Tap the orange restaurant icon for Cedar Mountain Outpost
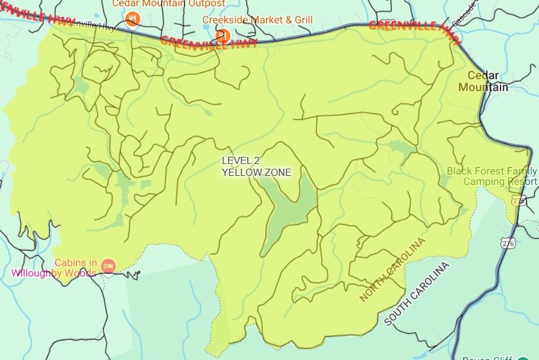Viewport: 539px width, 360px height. tap(134, 20)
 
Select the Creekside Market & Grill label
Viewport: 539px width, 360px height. tap(257, 20)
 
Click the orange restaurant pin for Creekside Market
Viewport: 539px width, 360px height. tap(223, 35)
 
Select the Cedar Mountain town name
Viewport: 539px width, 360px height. tap(483, 81)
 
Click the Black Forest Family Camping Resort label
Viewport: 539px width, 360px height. tap(492, 176)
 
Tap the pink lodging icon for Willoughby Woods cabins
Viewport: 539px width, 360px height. tap(107, 265)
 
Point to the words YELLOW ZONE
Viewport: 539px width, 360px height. tap(256, 172)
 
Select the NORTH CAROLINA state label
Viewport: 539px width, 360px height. tap(393, 270)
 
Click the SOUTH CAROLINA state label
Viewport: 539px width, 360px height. tap(418, 293)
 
